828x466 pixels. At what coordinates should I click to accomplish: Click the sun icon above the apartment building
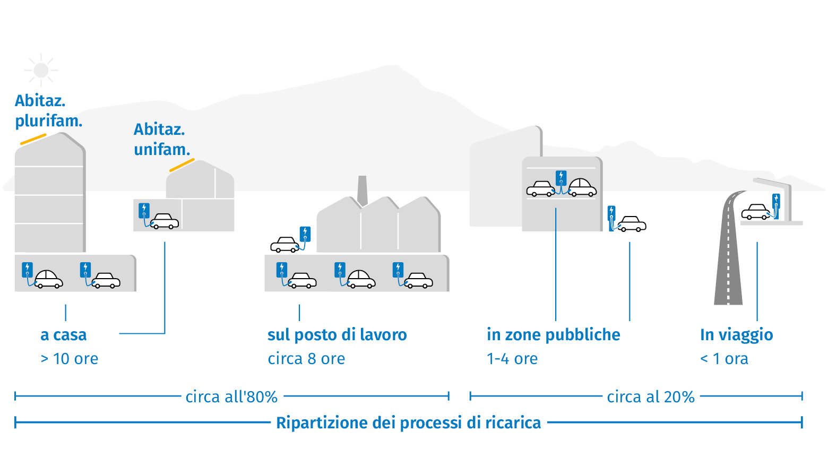coord(41,70)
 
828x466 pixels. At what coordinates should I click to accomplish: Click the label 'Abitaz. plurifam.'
coord(48,110)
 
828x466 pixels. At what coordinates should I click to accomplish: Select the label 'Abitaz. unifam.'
coord(161,139)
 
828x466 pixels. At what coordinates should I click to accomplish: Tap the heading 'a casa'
coord(63,335)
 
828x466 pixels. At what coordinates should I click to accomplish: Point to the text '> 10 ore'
coord(70,359)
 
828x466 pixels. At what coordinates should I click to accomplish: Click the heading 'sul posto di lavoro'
coord(337,335)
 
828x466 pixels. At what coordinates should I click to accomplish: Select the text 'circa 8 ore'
coord(306,359)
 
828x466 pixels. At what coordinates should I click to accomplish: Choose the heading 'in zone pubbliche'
coord(553,335)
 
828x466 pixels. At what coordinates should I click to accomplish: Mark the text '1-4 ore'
coord(512,359)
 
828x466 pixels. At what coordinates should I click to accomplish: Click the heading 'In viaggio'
coord(736,335)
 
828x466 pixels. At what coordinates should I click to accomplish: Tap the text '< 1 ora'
coord(724,359)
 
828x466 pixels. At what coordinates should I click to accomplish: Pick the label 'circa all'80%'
coord(231,397)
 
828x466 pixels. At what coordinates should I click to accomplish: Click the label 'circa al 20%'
coord(651,397)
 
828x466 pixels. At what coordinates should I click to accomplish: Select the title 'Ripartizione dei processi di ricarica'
coord(408,423)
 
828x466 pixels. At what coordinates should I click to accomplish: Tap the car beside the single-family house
coord(164,221)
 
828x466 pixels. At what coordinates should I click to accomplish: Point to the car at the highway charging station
coord(755,212)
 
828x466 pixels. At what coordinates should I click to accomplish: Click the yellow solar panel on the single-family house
coord(182,165)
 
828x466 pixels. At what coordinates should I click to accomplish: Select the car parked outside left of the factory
coord(285,244)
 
